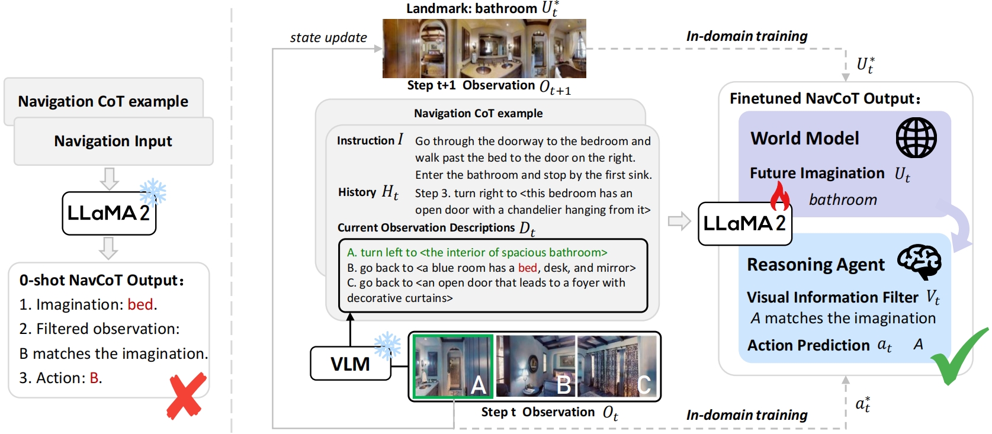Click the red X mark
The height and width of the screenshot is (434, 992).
[x=187, y=396]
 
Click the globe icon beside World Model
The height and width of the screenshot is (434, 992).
[x=916, y=137]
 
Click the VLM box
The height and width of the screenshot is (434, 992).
[x=350, y=364]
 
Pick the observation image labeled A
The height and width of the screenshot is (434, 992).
[x=453, y=366]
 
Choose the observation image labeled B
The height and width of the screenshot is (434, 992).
[x=535, y=366]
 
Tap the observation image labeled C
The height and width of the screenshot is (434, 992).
[x=617, y=366]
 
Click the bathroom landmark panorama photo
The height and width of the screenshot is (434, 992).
[x=484, y=49]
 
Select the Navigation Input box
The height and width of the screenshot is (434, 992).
[x=113, y=141]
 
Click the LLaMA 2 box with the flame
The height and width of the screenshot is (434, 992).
[x=744, y=223]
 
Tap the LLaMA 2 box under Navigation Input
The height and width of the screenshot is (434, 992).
[x=109, y=213]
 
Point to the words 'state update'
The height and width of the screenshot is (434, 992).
[x=328, y=37]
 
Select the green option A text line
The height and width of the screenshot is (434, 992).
[x=477, y=253]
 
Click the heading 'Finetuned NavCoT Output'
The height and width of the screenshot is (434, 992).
[x=824, y=98]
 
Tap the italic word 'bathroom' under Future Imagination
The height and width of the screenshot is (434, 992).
[x=843, y=200]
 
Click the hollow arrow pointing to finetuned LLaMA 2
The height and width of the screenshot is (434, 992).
[x=679, y=221]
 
